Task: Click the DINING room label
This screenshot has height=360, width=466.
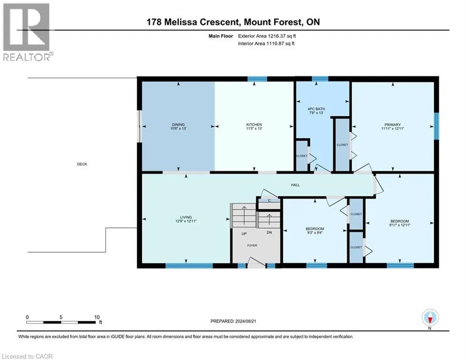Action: pyautogui.click(x=178, y=124)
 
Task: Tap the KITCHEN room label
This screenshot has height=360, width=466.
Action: pyautogui.click(x=254, y=124)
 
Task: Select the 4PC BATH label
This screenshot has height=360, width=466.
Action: pyautogui.click(x=316, y=109)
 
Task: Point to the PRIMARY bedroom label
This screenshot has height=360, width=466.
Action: pyautogui.click(x=392, y=125)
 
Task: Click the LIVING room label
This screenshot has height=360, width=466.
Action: pyautogui.click(x=186, y=217)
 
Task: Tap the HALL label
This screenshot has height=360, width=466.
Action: pyautogui.click(x=295, y=185)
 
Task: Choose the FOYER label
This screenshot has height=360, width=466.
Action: pyautogui.click(x=252, y=246)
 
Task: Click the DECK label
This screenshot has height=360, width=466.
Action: pyautogui.click(x=82, y=164)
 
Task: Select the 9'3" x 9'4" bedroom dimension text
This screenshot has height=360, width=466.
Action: pyautogui.click(x=315, y=232)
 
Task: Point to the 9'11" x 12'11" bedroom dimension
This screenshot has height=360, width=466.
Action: pyautogui.click(x=399, y=225)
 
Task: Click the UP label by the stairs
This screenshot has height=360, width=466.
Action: pyautogui.click(x=244, y=233)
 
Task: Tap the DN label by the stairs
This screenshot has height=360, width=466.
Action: pyautogui.click(x=269, y=232)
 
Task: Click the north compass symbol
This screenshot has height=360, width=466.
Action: pyautogui.click(x=430, y=318)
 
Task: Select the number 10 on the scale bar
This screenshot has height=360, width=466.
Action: pyautogui.click(x=97, y=317)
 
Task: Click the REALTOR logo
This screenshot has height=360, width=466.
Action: pyautogui.click(x=27, y=32)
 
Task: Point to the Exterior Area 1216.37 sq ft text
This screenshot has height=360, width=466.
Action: pyautogui.click(x=267, y=36)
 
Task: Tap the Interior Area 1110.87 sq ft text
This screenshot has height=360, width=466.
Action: pyautogui.click(x=266, y=44)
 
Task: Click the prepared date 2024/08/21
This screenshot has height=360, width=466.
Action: pyautogui.click(x=245, y=321)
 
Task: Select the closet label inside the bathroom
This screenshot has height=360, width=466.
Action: pyautogui.click(x=302, y=156)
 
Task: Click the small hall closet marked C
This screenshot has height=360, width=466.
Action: pyautogui.click(x=269, y=201)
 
